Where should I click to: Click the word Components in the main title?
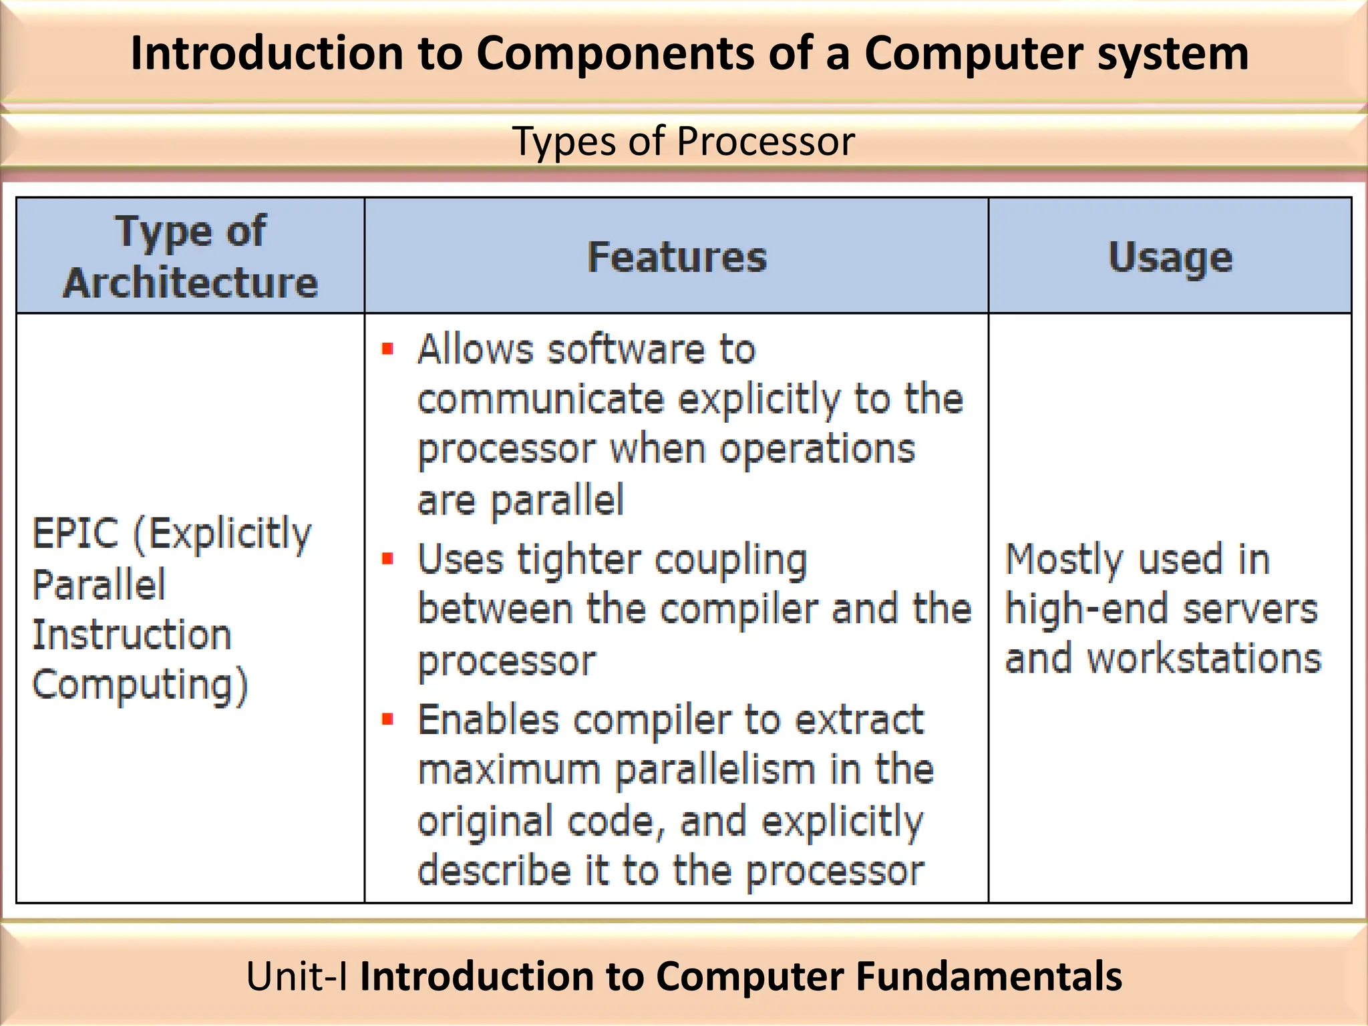coord(615,53)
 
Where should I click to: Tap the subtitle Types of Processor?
coord(683,141)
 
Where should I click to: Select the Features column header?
coord(677,257)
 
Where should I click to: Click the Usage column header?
coord(1170,257)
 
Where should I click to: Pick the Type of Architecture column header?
coord(190,257)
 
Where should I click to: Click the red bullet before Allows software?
coord(387,349)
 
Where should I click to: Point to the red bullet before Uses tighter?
coord(387,558)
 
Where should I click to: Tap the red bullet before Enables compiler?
coord(387,719)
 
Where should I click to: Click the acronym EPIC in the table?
coord(75,533)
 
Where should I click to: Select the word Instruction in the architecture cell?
coord(132,635)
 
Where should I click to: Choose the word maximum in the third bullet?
coord(508,770)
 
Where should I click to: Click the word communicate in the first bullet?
coord(540,399)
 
